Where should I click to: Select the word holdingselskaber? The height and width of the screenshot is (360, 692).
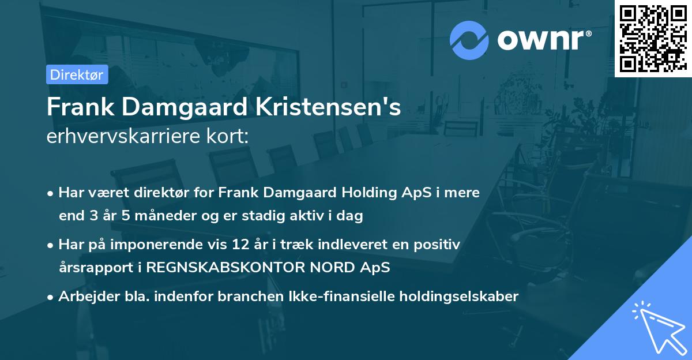(457, 297)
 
